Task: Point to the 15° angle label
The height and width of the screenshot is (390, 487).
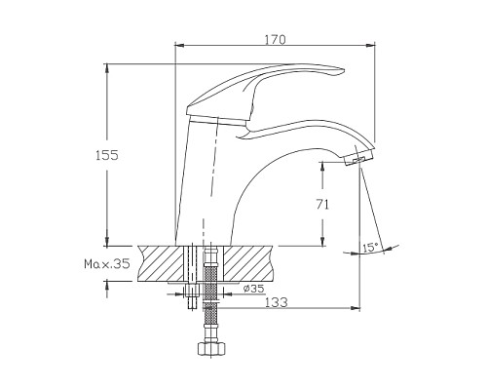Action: [x=370, y=248]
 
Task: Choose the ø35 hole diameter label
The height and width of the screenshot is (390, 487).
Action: [x=254, y=289]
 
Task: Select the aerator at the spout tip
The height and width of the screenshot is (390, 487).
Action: [x=358, y=159]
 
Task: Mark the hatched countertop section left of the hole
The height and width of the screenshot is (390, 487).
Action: [x=162, y=264]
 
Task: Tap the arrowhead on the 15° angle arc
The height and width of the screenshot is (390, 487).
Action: [x=388, y=247]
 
